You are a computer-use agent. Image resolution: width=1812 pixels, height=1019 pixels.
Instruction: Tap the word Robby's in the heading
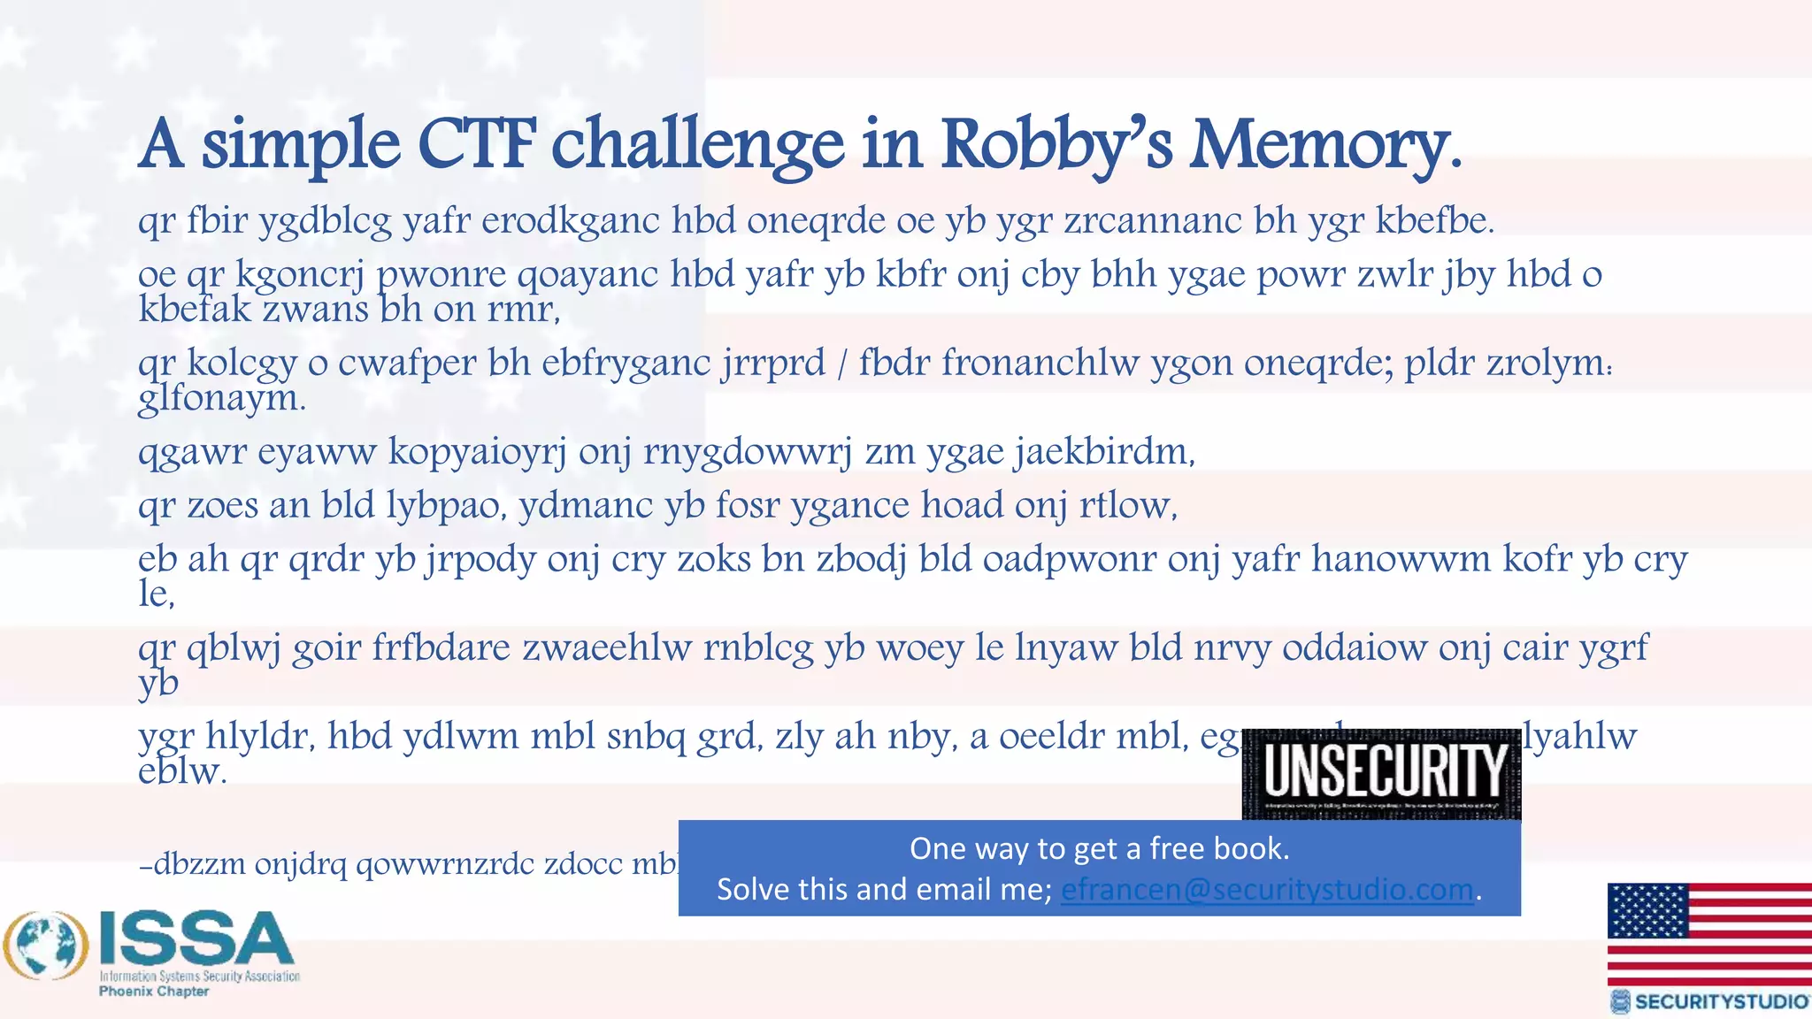[x=1056, y=144]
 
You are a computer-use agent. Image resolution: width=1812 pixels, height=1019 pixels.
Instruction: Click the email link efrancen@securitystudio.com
[x=1267, y=889]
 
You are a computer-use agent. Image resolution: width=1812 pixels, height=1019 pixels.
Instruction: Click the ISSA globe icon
[x=46, y=946]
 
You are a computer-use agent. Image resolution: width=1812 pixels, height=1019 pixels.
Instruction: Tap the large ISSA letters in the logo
[x=196, y=940]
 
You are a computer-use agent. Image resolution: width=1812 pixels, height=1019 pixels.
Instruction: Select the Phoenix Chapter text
[x=154, y=992]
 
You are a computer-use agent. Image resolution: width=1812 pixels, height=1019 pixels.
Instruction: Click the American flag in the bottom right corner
[x=1709, y=934]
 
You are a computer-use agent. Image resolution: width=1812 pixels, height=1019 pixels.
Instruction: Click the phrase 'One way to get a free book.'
[x=1099, y=848]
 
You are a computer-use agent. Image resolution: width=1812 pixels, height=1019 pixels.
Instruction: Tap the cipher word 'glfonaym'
[x=219, y=399]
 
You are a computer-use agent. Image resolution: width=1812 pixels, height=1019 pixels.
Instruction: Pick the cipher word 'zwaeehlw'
[x=607, y=647]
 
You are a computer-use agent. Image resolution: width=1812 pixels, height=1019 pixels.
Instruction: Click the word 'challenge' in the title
[x=698, y=144]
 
